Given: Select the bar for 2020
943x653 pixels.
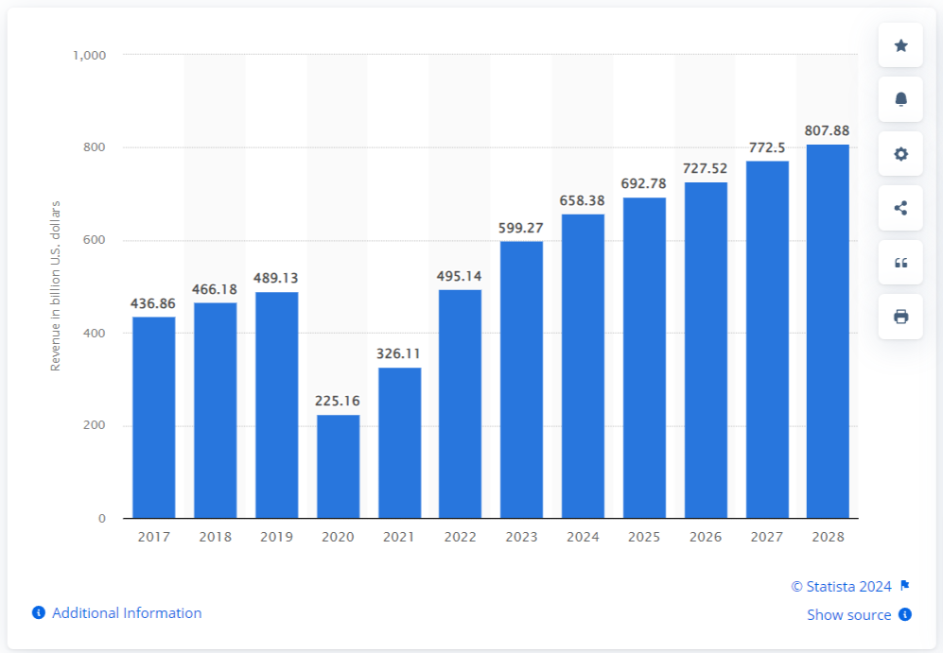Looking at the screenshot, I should (338, 466).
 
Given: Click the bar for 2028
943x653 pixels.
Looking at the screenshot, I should (828, 331).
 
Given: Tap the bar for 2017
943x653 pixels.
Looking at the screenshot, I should (153, 417).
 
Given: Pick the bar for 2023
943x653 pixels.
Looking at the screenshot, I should (521, 379).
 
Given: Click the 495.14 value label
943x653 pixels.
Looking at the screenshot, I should (461, 277).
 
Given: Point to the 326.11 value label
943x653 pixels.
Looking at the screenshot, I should (399, 354).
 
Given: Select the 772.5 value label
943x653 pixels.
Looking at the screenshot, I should (767, 148).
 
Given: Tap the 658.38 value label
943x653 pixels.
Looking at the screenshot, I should (583, 201).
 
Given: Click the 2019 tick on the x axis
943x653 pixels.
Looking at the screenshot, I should (276, 537).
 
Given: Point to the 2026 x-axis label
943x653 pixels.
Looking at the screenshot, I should (706, 537).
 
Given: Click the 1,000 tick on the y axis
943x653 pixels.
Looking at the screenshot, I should (89, 56).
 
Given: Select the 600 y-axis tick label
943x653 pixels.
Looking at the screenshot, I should (94, 241).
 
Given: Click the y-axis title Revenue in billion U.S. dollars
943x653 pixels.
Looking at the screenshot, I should (55, 285).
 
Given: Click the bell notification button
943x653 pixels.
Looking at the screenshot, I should (900, 99).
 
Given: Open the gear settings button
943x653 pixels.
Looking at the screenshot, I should (900, 154).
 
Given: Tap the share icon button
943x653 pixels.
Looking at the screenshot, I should (900, 208).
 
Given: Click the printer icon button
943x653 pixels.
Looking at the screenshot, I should (900, 317).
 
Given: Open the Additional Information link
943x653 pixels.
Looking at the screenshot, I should (127, 613).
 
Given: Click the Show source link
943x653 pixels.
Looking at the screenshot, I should (849, 615).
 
